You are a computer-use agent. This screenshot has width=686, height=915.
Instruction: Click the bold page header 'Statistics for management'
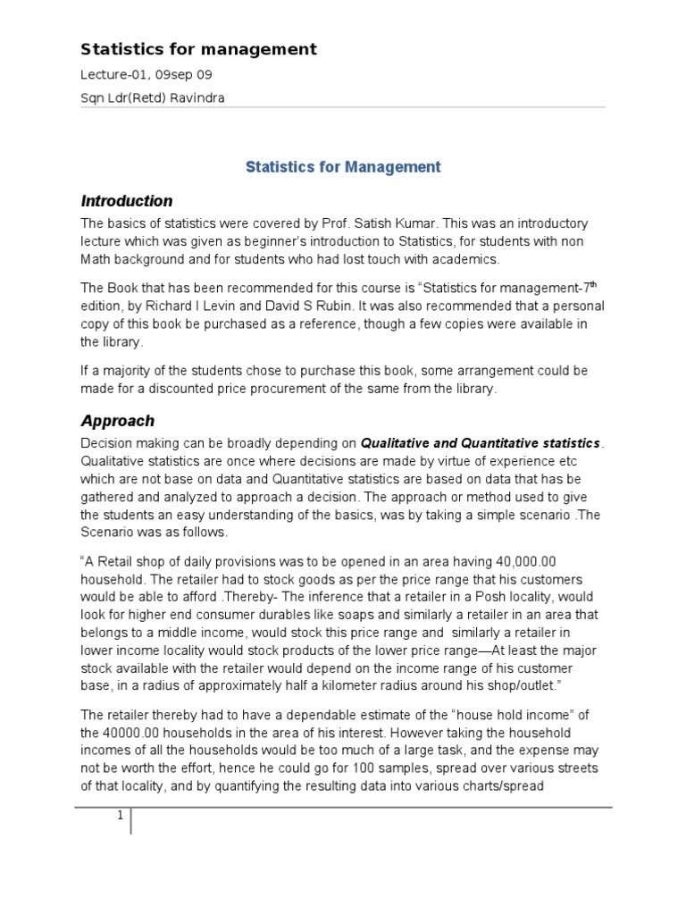198,49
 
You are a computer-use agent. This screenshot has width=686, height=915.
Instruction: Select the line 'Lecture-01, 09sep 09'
146,75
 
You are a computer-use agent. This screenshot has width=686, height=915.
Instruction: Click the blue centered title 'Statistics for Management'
343,166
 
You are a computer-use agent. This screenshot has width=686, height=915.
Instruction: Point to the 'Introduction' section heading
127,201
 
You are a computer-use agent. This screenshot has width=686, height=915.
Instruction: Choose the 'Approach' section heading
118,420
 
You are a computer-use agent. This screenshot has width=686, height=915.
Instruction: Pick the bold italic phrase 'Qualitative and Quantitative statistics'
481,442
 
